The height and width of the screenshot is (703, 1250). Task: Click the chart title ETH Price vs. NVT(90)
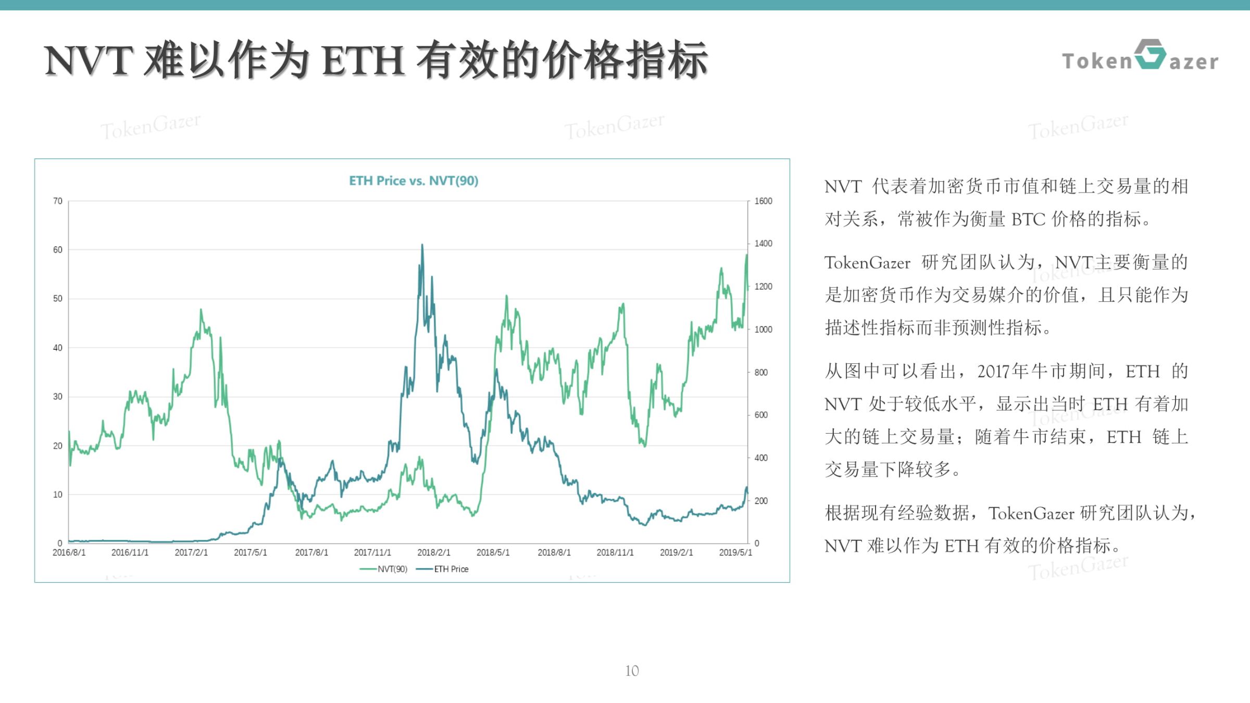(x=414, y=181)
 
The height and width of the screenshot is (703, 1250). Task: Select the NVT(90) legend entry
(x=383, y=569)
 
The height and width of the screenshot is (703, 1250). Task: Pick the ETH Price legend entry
(x=442, y=569)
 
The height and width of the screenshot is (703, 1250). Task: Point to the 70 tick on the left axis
(x=57, y=201)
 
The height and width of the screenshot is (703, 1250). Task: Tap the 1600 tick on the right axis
(x=763, y=201)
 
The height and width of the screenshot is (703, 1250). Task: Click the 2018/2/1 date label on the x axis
(x=433, y=552)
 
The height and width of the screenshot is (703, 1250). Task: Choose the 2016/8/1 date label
(x=69, y=552)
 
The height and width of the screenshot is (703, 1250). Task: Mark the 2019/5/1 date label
(x=735, y=552)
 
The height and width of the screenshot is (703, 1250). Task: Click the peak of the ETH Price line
(x=422, y=244)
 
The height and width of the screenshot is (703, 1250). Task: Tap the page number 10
(x=632, y=671)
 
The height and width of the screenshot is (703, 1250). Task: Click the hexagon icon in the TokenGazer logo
(x=1150, y=54)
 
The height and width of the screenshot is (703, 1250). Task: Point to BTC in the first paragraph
(x=1028, y=219)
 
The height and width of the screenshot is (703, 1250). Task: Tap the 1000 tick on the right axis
(x=763, y=329)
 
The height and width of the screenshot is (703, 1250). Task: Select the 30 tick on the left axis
(x=57, y=397)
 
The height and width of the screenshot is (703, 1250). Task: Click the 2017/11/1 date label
(x=372, y=552)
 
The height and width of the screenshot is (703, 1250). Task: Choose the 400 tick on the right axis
(x=761, y=458)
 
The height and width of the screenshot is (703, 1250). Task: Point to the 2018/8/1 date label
(x=554, y=552)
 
